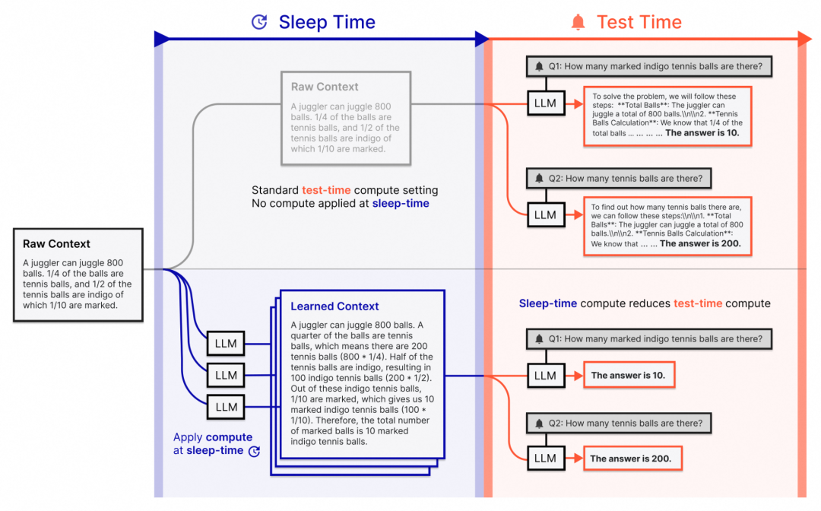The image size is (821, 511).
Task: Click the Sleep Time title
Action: pos(327,22)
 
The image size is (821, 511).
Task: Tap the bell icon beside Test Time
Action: pos(578,22)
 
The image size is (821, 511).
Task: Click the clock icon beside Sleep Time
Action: pos(259,22)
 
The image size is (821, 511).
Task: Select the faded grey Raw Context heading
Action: pos(325,87)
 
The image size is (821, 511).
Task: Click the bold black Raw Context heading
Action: pos(56,243)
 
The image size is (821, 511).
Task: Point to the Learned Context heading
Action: pos(334,306)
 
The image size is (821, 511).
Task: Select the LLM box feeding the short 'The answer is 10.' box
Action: pos(546,376)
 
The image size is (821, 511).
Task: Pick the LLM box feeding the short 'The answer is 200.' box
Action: pos(546,458)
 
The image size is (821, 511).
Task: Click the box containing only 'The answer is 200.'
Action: pos(632,459)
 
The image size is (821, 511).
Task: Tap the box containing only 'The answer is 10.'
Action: pos(629,376)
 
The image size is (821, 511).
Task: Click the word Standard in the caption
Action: pos(275,190)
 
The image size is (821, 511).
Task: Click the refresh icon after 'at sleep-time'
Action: pos(254,452)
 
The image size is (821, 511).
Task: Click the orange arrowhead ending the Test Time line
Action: pos(805,39)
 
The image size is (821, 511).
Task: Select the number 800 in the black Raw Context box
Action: pos(115,263)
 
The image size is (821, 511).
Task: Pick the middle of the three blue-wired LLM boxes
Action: pos(226,376)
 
